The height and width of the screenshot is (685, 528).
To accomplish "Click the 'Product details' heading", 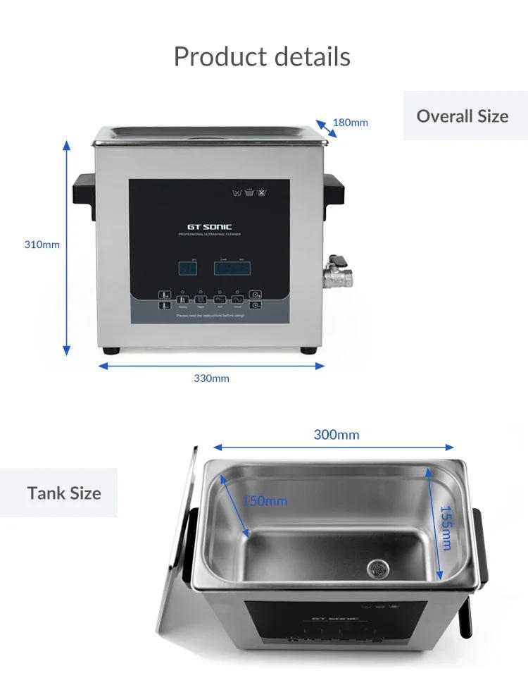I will (262, 56).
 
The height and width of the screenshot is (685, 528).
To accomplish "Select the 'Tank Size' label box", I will (64, 493).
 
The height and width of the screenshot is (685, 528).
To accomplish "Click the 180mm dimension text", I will (350, 123).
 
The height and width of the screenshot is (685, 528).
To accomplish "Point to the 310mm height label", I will (42, 245).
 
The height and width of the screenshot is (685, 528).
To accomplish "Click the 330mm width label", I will (211, 378).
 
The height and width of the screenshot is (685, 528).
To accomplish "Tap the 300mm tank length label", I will (336, 434).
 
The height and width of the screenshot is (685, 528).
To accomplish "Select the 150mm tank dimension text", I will (265, 501).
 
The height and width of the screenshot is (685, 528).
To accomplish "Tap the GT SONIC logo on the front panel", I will (209, 226).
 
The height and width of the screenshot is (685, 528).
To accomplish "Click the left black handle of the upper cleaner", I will (84, 190).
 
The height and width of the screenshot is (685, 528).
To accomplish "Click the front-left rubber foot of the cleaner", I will (111, 350).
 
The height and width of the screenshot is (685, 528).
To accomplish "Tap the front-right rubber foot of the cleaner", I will (308, 350).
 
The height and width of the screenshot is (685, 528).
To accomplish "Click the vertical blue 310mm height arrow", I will (67, 247).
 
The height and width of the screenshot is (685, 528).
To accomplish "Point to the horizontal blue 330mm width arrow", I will (211, 366).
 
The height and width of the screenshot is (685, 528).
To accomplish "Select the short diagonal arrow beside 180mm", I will (325, 128).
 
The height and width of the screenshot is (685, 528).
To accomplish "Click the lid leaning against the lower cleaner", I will (176, 564).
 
